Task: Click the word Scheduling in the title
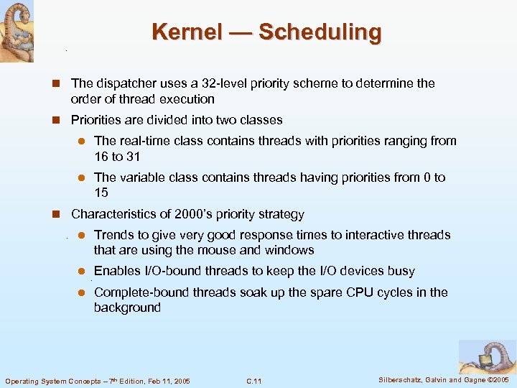coord(320,32)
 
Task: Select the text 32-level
coord(228,83)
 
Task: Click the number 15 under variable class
coord(101,192)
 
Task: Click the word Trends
coord(113,235)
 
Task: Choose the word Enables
coord(118,271)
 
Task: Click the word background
coord(127,308)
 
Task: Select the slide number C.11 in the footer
coord(253,381)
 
